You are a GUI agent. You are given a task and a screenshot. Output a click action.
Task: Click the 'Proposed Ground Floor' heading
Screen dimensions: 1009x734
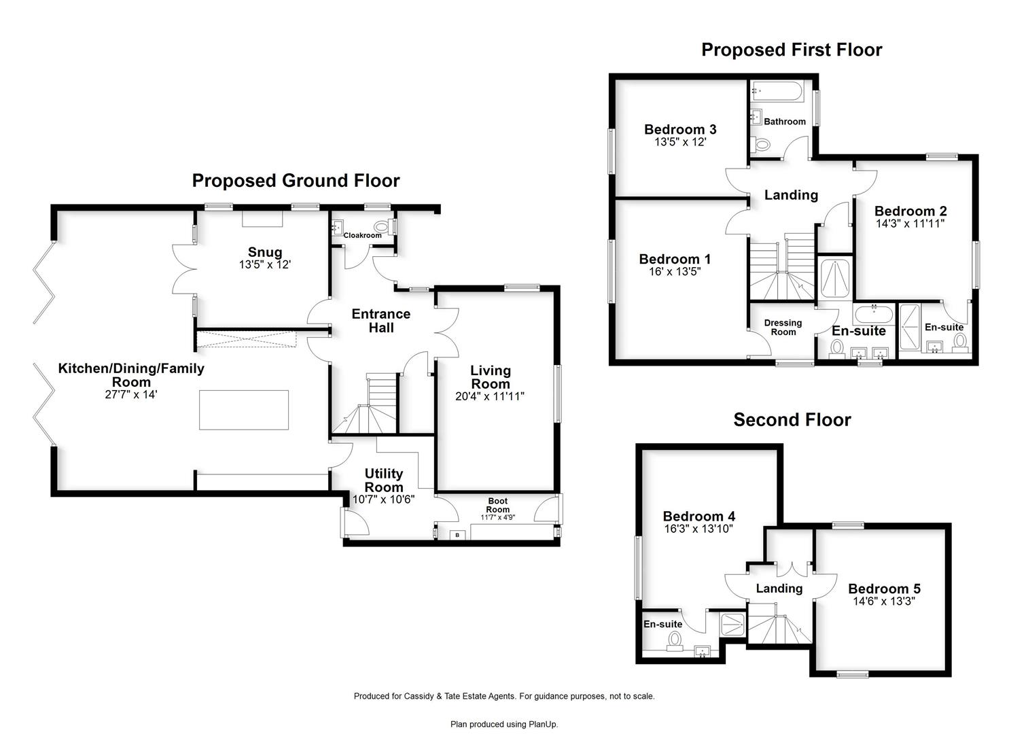click(296, 181)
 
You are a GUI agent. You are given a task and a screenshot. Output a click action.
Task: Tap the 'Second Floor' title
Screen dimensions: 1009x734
click(792, 420)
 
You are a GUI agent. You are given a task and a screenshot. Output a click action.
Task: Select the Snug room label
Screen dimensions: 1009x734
click(265, 252)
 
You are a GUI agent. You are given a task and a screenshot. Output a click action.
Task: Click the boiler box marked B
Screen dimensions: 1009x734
click(457, 535)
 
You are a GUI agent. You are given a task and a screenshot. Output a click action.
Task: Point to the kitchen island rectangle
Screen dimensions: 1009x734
click(244, 410)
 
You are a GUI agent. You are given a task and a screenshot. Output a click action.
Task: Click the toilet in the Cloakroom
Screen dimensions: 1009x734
click(381, 226)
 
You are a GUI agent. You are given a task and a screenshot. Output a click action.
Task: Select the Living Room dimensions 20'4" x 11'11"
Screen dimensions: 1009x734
click(490, 396)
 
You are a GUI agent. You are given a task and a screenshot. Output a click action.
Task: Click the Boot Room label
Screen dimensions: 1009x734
click(498, 505)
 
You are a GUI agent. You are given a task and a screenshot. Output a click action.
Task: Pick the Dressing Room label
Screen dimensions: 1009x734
click(783, 328)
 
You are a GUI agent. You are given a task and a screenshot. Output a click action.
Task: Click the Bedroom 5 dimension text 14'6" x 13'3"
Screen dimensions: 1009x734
click(884, 601)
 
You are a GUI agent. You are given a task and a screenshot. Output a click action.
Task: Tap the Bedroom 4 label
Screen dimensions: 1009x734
click(699, 516)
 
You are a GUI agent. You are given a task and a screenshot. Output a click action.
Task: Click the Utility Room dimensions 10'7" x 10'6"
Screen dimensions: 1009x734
click(383, 500)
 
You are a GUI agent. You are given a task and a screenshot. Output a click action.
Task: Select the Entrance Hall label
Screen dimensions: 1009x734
click(381, 321)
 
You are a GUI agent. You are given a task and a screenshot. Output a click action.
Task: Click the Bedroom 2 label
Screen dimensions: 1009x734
click(910, 211)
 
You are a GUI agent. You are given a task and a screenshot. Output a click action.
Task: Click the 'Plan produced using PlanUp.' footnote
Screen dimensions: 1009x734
click(504, 724)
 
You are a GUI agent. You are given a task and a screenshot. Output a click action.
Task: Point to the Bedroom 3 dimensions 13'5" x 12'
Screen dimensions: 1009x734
click(680, 142)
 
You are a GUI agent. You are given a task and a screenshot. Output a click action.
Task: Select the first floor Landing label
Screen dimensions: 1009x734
click(791, 195)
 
